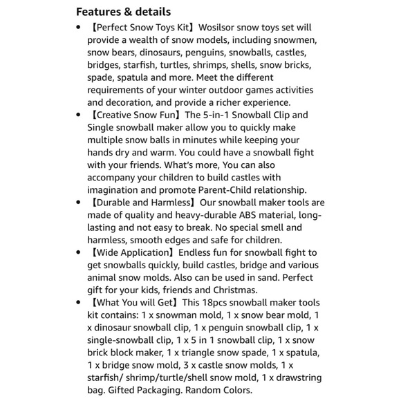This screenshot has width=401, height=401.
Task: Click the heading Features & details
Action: [123, 12]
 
